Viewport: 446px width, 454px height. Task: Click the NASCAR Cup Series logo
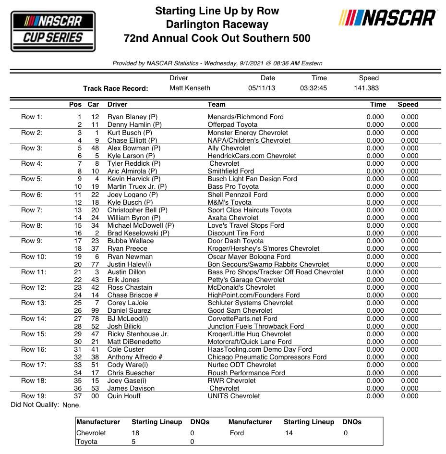[x=53, y=31]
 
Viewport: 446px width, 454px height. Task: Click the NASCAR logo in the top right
[x=387, y=18]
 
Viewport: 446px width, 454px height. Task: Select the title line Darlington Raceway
[x=217, y=25]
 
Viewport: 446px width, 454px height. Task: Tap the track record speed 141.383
[x=366, y=88]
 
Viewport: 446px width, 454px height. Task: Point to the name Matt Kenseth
[x=190, y=88]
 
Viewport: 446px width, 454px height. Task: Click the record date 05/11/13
[x=262, y=88]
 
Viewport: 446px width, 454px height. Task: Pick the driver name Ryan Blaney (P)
[x=132, y=117]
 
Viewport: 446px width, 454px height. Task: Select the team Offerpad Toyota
[x=232, y=124]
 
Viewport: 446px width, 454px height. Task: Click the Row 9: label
[x=32, y=241]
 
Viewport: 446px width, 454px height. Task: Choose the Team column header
[x=217, y=104]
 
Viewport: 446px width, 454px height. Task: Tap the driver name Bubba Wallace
[x=131, y=241]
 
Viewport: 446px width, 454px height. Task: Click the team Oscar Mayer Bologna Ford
[x=249, y=257]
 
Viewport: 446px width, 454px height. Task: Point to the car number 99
[x=95, y=310]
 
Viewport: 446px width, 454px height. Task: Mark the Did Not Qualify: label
[x=35, y=405]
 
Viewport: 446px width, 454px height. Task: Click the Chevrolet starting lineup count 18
[x=136, y=433]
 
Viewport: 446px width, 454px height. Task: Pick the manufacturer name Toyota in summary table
[x=87, y=442]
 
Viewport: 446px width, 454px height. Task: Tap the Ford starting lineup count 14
[x=288, y=433]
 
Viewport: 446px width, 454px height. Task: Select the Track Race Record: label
[x=115, y=88]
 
